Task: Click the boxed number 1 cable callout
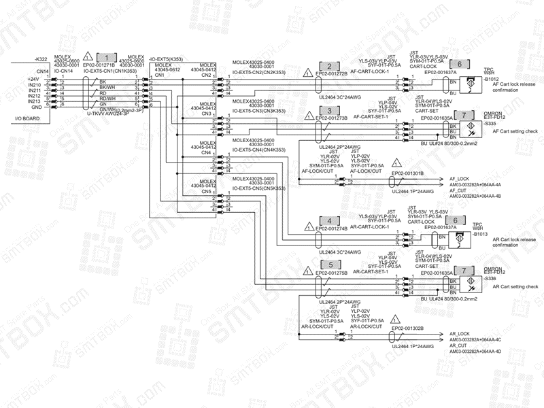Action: [107, 58]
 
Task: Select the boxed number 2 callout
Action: [329, 67]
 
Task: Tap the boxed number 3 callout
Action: [329, 111]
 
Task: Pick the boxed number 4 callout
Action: [329, 221]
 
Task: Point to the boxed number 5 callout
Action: [329, 265]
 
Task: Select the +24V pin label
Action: [33, 79]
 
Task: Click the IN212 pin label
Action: [34, 96]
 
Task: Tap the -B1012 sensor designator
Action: [491, 80]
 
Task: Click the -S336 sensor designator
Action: [490, 279]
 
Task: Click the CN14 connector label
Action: [42, 71]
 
